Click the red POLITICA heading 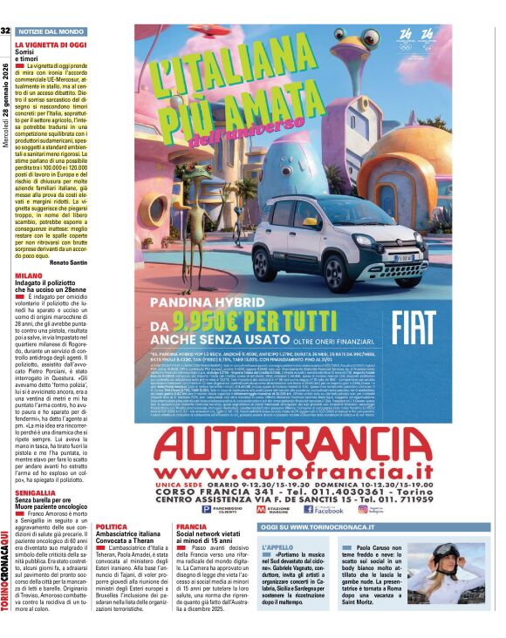pyautogui.click(x=111, y=526)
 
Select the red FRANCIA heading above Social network pyautogui.click(x=191, y=526)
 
